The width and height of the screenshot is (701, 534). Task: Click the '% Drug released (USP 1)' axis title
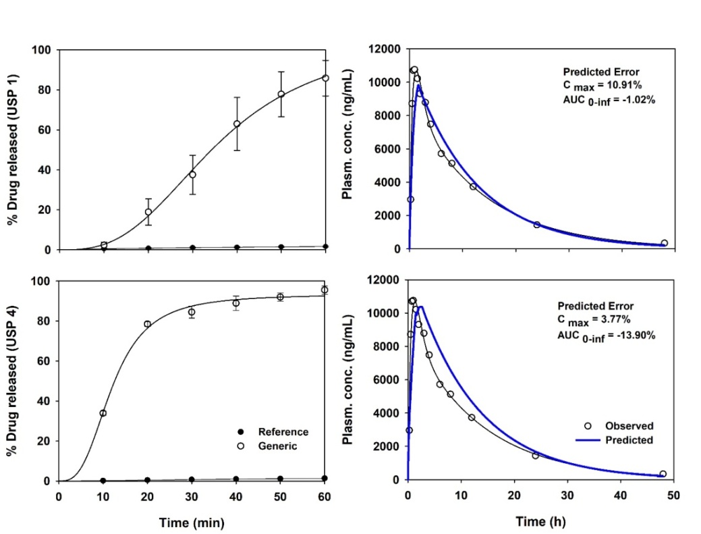[x=15, y=150]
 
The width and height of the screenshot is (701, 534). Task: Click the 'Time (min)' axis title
[x=192, y=522]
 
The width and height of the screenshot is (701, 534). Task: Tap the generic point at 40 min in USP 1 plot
[x=237, y=124]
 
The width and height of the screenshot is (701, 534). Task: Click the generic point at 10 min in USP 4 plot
[x=103, y=413]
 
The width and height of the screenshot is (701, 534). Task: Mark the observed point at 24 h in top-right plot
[x=536, y=225]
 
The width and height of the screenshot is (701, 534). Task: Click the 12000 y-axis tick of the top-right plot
[x=385, y=49]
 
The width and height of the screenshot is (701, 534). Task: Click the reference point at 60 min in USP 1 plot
[x=325, y=246]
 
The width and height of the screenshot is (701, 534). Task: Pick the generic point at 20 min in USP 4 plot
[x=148, y=324]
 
